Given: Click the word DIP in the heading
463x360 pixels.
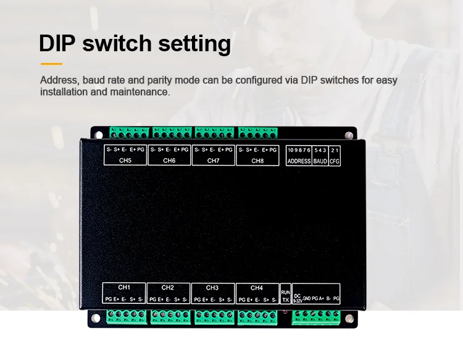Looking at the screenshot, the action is pos(57,43).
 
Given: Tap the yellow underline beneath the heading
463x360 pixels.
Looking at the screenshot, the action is pos(51,64).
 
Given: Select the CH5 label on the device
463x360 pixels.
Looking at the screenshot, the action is pos(125,161).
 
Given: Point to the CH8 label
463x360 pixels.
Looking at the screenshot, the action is pos(257,161).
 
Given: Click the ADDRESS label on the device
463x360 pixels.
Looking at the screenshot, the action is pos(299,161).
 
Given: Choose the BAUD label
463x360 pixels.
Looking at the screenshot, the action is pos(320,161).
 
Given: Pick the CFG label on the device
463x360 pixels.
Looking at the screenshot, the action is pos(335,161).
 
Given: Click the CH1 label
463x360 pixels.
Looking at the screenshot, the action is pos(124,287).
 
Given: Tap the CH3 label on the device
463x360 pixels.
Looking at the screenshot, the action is pos(212,288).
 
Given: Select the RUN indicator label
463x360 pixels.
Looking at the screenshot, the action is pos(286,292).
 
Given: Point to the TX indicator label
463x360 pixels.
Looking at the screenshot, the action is pos(286,299).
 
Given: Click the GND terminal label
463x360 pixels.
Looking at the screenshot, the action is pos(306,299).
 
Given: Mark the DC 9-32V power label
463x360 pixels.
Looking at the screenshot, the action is pos(298,299).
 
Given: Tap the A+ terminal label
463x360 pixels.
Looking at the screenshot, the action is pos(321,299).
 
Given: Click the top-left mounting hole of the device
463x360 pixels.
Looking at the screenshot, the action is pos(98,135).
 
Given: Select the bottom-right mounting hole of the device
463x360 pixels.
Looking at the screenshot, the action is pos(349,319).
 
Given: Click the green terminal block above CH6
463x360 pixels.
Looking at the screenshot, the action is pos(172,133).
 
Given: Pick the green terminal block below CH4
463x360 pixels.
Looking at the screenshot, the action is pos(257,317).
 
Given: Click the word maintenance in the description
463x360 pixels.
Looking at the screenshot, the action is pos(140,92).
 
